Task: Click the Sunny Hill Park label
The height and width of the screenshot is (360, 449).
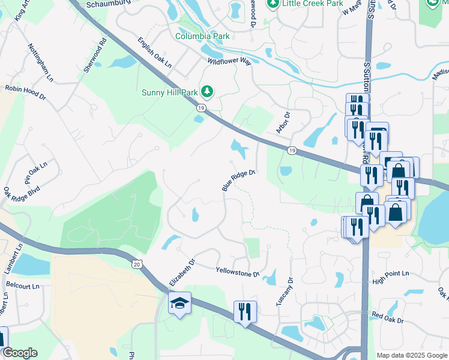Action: pos(169,92)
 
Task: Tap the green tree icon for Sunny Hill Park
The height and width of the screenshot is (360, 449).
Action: pos(208,91)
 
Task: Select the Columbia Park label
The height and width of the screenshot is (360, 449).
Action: pos(202,36)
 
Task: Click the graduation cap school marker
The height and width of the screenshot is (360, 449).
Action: pos(179,304)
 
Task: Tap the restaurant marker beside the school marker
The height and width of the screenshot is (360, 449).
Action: pos(245,312)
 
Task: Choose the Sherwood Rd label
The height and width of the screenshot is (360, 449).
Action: pos(95,56)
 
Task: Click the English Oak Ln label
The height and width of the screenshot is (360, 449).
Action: pos(154,53)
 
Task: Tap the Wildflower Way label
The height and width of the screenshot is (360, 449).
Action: pos(229,61)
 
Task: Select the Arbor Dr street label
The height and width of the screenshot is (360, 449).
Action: pos(283,122)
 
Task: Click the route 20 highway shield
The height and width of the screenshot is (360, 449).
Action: pos(137,264)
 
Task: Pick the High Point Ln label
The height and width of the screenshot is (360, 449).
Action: pos(390,274)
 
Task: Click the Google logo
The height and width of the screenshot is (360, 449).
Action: pos(20,353)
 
